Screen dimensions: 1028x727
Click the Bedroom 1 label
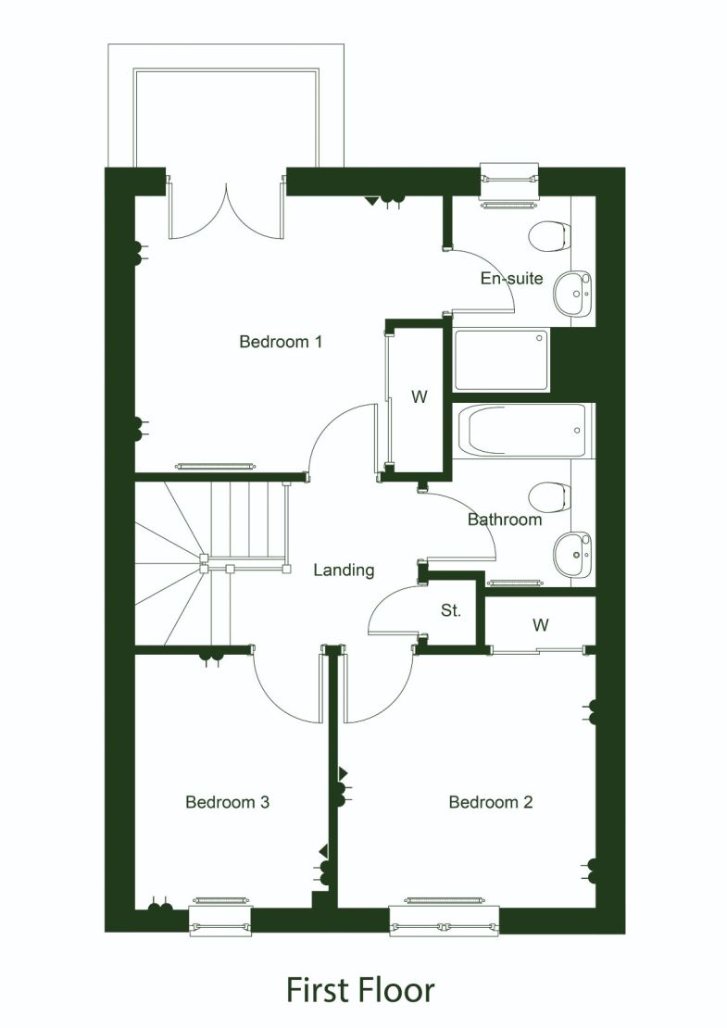click(281, 342)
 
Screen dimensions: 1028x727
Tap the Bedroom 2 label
click(490, 802)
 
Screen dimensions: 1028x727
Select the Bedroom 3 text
click(227, 802)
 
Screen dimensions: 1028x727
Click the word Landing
click(344, 570)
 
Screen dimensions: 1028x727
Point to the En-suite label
click(511, 279)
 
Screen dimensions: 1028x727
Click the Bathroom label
click(504, 520)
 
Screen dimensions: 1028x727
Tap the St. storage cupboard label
click(451, 612)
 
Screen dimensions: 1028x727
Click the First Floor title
click(360, 989)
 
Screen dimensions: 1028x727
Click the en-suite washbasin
click(574, 294)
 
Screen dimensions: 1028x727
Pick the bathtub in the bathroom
click(523, 431)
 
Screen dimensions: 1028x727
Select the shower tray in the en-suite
click(500, 359)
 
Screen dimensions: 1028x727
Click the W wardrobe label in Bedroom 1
click(420, 397)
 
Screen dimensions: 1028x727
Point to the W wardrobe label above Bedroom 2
click(540, 625)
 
